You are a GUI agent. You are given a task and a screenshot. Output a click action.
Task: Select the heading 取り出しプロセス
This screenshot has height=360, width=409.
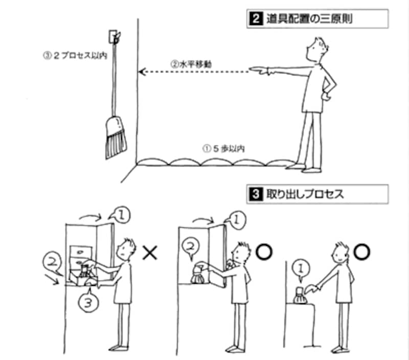coord(302,194)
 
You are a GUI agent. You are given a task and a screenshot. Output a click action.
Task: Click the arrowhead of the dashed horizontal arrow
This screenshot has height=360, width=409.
coord(144,72)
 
